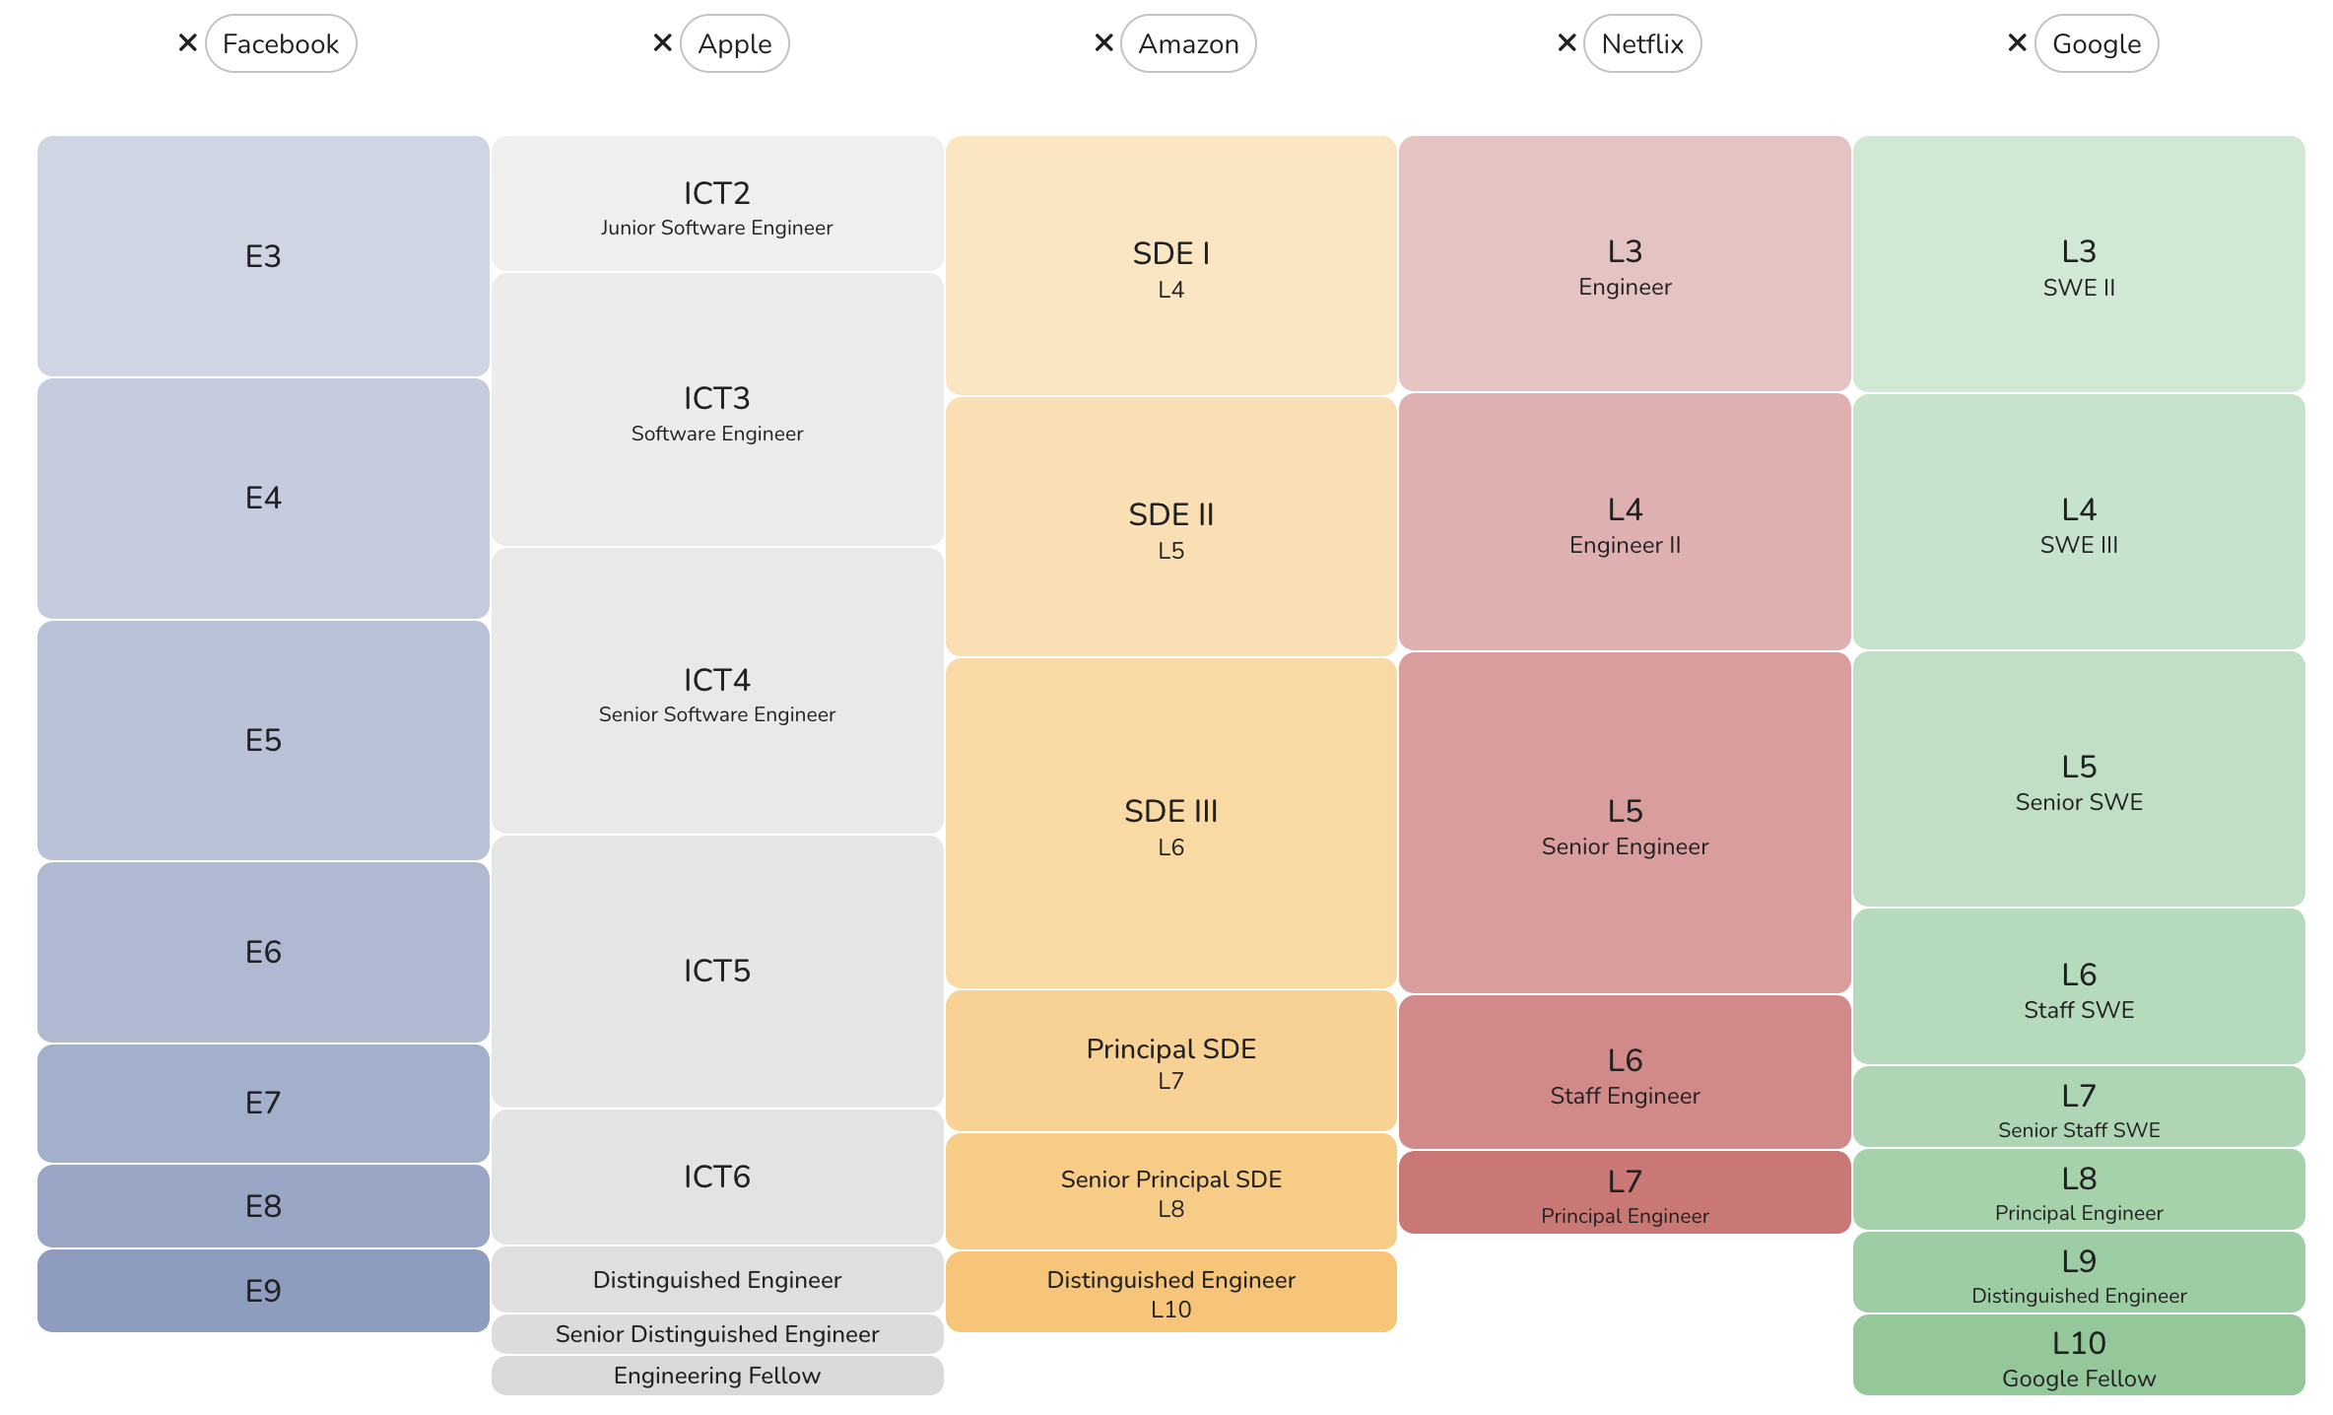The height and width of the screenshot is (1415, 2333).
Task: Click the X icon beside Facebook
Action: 187,43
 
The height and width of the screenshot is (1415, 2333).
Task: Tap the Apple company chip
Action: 734,44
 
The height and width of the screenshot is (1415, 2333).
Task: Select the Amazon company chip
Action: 1188,44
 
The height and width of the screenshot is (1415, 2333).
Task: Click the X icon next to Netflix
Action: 1566,43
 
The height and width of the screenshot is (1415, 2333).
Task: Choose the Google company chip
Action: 2097,44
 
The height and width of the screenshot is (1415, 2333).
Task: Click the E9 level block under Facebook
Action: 263,1291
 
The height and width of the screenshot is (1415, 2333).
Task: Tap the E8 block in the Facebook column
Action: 263,1206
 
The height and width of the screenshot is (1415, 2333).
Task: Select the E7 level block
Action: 263,1103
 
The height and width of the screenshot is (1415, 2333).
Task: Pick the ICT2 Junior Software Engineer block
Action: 717,204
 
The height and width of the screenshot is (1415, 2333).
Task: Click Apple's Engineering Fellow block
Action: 717,1376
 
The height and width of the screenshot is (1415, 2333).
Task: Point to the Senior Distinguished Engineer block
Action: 717,1334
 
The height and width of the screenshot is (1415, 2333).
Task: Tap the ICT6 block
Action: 717,1177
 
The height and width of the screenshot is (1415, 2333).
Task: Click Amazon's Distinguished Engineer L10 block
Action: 1170,1293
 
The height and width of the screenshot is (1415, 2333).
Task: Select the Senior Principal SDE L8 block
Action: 1170,1192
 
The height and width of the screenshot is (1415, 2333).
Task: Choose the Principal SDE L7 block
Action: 1170,1062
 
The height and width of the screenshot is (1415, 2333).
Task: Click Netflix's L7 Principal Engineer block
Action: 1625,1193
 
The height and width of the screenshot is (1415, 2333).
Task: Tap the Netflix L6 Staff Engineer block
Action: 1625,1074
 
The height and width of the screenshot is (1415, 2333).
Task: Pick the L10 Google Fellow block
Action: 2079,1357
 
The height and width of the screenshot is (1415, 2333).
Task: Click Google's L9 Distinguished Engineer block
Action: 2079,1274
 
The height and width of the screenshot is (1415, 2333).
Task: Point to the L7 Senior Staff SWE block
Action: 2079,1109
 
